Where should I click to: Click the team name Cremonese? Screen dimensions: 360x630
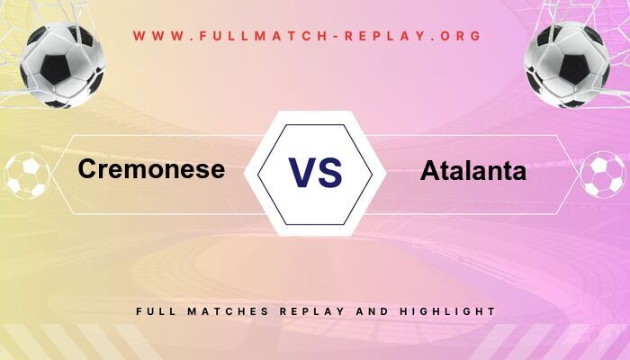click(x=151, y=168)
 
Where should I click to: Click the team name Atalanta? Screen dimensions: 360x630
click(x=472, y=171)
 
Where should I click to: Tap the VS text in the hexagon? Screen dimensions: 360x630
click(x=315, y=172)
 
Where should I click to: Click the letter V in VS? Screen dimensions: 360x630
click(x=301, y=172)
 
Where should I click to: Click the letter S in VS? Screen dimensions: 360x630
click(x=330, y=172)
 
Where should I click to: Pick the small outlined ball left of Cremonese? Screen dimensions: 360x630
click(x=27, y=175)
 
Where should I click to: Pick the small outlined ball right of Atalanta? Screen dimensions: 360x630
click(x=602, y=175)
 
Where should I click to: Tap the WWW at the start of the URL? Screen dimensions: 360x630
click(x=154, y=37)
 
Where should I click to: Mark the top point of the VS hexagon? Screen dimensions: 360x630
click(x=315, y=112)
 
